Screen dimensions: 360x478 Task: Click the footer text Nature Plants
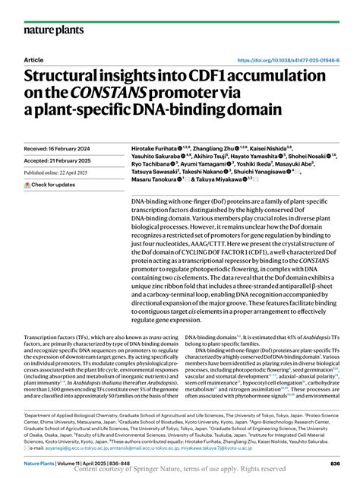coord(39,462)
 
